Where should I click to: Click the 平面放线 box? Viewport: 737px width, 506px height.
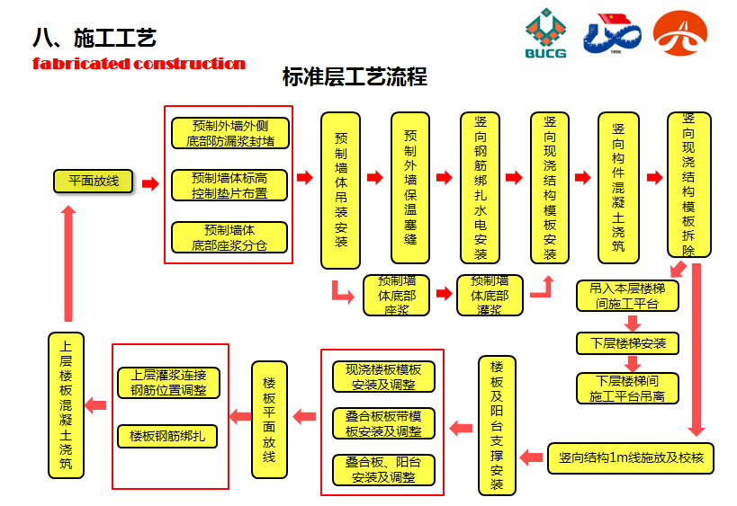[94, 182]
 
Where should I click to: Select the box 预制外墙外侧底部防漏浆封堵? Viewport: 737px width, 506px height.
[230, 133]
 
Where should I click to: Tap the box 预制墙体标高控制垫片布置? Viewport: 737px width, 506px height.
[230, 185]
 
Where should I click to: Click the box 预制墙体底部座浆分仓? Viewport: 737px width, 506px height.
[230, 237]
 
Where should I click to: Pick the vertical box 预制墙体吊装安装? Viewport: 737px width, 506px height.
[340, 190]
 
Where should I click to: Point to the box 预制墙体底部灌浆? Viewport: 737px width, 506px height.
[490, 295]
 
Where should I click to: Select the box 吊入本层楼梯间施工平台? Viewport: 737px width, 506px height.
[627, 296]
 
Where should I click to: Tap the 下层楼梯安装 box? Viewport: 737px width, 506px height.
[627, 343]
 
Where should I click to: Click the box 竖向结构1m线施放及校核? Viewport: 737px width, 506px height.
[631, 457]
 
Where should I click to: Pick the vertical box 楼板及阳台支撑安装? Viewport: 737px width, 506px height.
[498, 426]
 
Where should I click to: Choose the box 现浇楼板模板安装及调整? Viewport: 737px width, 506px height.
[383, 377]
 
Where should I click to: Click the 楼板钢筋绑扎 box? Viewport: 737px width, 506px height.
[167, 436]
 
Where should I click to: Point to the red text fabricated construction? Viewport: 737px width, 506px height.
[139, 64]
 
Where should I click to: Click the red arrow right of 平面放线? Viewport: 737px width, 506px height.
[150, 183]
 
